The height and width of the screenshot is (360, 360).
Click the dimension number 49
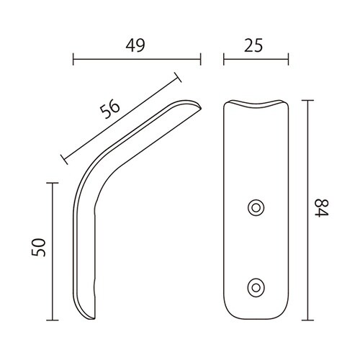(135, 45)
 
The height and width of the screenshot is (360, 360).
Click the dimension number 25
(253, 45)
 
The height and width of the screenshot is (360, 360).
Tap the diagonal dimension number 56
(110, 109)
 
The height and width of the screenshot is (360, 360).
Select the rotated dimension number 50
(38, 248)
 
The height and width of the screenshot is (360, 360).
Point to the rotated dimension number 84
(322, 208)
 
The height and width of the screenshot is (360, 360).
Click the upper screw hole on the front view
(256, 208)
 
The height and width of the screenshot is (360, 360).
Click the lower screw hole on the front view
(256, 287)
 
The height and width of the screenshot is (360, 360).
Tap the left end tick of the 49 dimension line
(73, 59)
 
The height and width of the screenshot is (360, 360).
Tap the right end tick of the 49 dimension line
(200, 59)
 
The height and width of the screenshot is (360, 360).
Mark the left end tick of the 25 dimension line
(224, 59)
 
